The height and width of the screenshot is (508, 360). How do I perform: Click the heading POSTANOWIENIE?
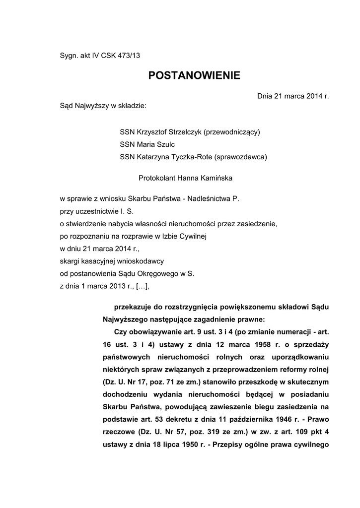[194, 76]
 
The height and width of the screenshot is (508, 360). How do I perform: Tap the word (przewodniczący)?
[228, 132]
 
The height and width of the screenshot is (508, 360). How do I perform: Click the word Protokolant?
[154, 178]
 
